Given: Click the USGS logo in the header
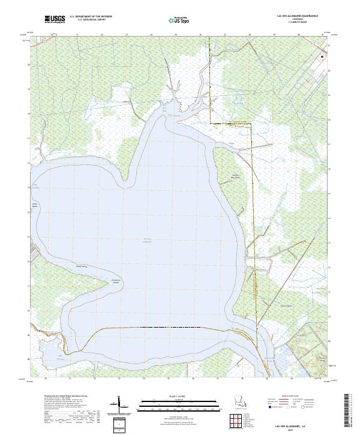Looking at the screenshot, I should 55,19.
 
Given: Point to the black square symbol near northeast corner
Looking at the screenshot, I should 322,56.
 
